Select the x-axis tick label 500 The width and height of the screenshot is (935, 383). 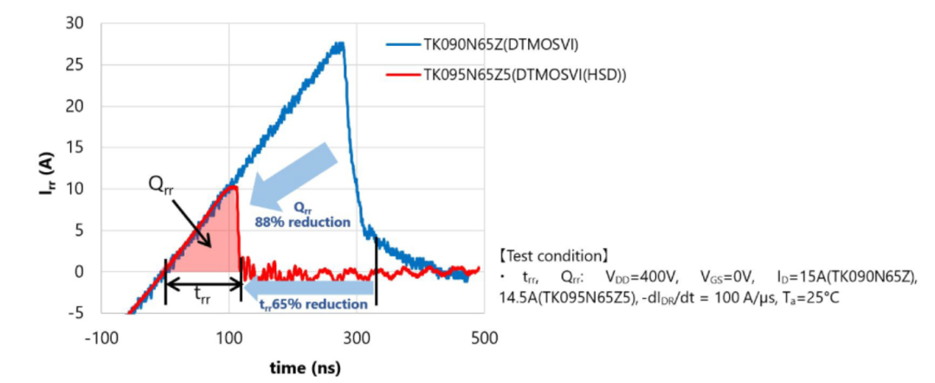coord(483,336)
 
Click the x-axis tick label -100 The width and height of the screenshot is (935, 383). coord(102,336)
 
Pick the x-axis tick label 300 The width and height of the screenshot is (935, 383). coord(356,336)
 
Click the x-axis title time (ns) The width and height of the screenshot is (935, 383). coord(293,367)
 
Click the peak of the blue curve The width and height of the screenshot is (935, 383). coord(340,44)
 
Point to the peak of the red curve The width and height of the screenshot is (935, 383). coord(231,186)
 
